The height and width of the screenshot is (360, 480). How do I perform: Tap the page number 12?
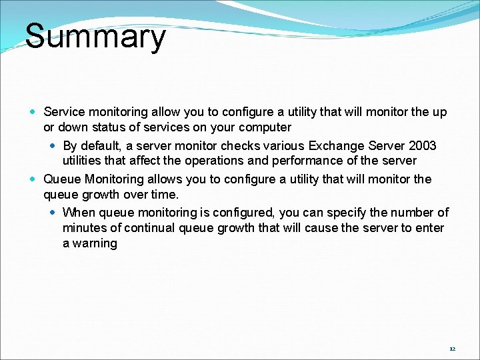[452, 349]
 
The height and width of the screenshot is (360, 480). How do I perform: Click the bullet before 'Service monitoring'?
[34, 112]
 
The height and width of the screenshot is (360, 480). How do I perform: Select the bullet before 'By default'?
[53, 145]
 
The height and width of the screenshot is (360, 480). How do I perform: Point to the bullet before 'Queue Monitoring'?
[34, 179]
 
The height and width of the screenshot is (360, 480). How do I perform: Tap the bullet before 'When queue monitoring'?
[53, 212]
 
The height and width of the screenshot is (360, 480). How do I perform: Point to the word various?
[279, 145]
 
